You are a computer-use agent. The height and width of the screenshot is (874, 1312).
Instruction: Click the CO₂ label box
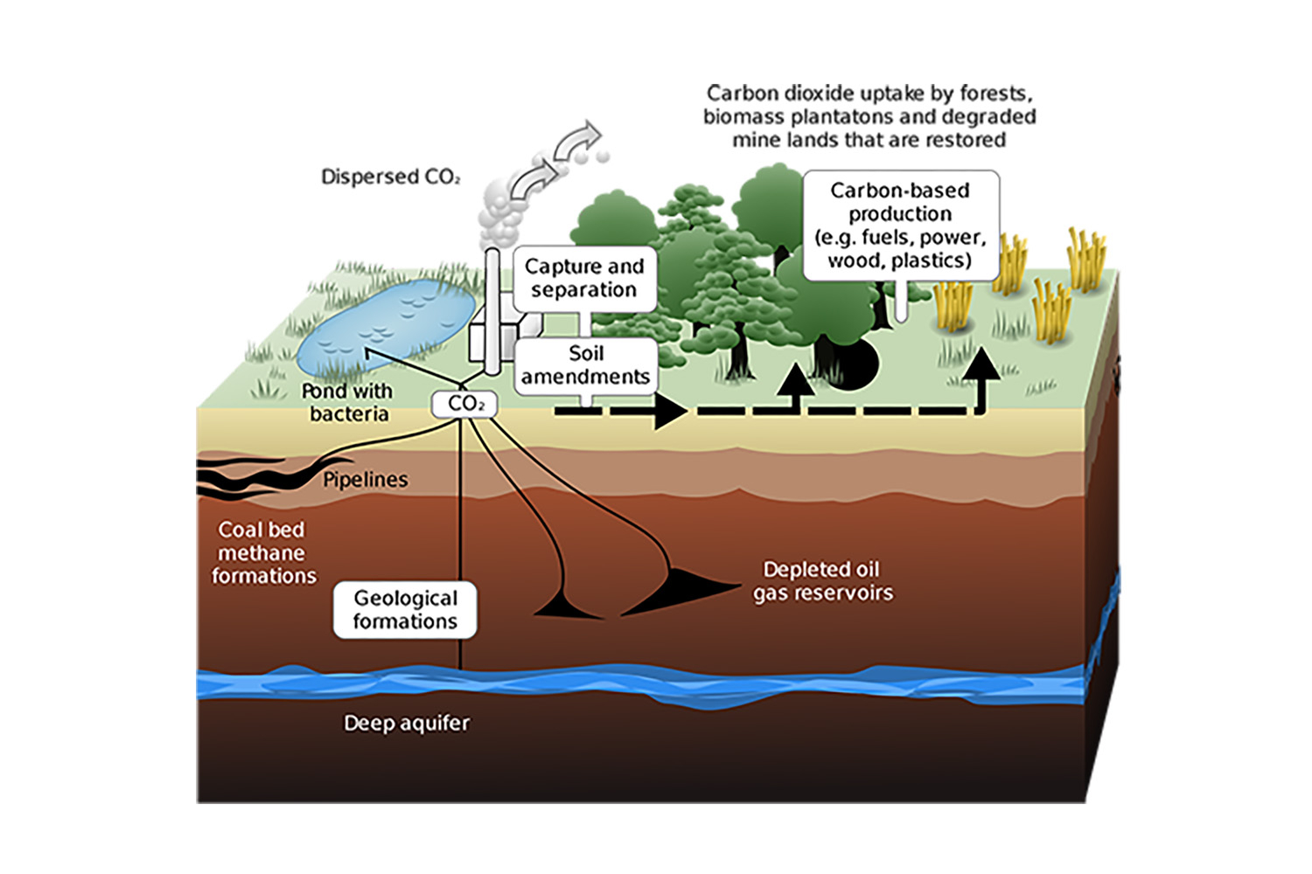pos(464,404)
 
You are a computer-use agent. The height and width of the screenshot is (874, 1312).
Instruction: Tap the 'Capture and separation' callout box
pos(584,279)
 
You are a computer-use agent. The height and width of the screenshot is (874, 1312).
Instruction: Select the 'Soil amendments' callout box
pos(586,365)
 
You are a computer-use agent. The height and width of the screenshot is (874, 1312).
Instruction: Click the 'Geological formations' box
pos(405,609)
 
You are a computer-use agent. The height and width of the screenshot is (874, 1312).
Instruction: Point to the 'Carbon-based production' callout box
pos(901,225)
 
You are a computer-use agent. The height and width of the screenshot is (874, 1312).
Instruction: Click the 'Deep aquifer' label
pos(407,724)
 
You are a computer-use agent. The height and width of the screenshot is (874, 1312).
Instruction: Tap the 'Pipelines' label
pos(366,480)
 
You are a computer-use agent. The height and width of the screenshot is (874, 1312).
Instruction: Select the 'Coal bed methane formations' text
pos(263,553)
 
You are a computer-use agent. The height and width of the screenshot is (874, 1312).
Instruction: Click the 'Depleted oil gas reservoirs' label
pos(823,581)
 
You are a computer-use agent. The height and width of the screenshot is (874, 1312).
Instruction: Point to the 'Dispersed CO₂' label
pos(391,177)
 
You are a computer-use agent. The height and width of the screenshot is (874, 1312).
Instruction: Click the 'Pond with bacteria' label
pos(347,403)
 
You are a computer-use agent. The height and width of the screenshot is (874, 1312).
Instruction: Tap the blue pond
pos(386,327)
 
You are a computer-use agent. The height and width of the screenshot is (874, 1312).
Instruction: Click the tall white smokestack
pos(492,311)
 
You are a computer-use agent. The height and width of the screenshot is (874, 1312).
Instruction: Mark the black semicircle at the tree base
pos(857,366)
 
